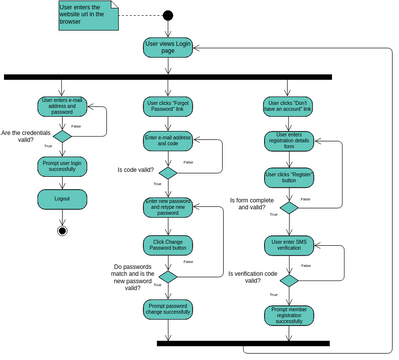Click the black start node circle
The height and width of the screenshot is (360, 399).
(x=168, y=15)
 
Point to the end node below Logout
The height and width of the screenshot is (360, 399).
(x=62, y=231)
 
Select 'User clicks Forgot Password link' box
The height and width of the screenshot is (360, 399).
(x=169, y=106)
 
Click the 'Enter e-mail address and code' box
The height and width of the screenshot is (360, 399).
(x=169, y=142)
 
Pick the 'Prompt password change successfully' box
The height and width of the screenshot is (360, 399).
(x=169, y=309)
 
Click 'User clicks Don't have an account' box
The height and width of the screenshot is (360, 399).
(x=288, y=106)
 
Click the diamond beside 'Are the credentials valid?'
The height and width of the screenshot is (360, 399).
(x=62, y=136)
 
